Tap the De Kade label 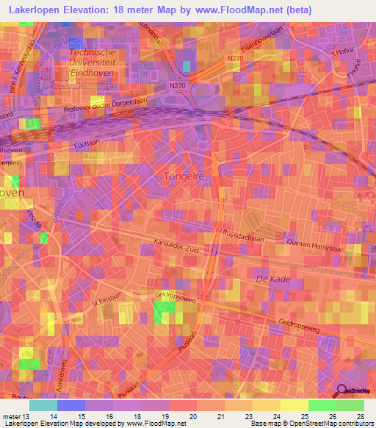[x=270, y=279]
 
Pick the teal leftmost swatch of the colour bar [x=43, y=405]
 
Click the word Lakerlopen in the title [x=37, y=10]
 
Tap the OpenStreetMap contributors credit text [x=325, y=424]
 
